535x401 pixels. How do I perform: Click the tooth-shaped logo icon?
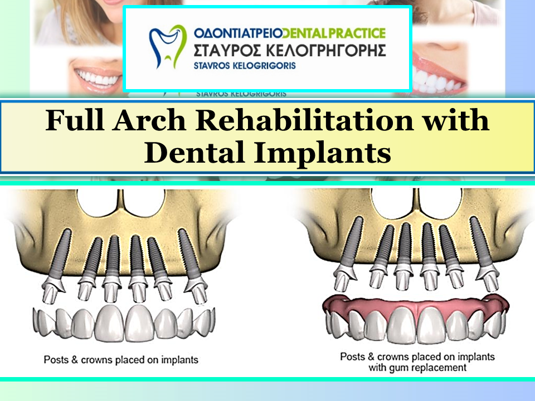[167, 46]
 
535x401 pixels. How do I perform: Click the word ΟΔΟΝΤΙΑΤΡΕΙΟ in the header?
[238, 33]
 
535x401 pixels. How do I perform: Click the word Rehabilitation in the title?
[304, 121]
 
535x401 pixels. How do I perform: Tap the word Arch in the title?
[149, 121]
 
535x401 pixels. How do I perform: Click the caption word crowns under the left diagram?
[96, 360]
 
